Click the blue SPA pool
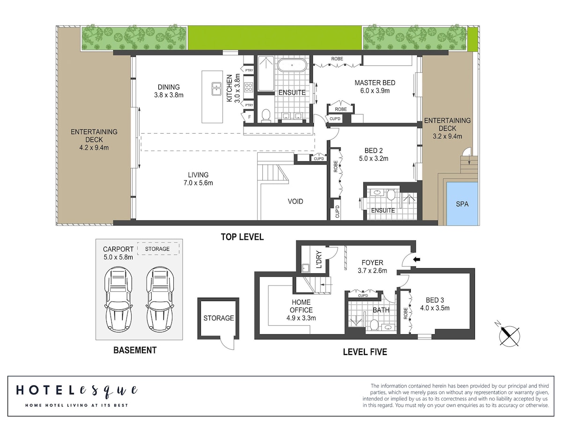click(x=462, y=203)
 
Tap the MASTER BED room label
click(x=375, y=83)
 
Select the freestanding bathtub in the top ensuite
click(x=292, y=65)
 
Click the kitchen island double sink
click(x=216, y=89)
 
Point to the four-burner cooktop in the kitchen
click(x=249, y=87)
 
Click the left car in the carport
click(x=118, y=299)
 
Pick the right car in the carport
click(x=160, y=299)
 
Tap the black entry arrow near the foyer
click(x=416, y=260)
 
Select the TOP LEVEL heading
click(x=242, y=237)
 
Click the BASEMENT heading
click(x=135, y=350)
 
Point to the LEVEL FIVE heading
click(x=365, y=352)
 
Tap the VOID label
click(x=295, y=202)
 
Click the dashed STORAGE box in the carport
click(x=158, y=249)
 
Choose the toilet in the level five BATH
click(x=374, y=324)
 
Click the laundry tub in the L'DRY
click(x=305, y=268)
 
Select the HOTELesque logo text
click(x=77, y=391)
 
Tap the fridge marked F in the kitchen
click(x=248, y=117)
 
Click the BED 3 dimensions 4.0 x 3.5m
click(x=435, y=308)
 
